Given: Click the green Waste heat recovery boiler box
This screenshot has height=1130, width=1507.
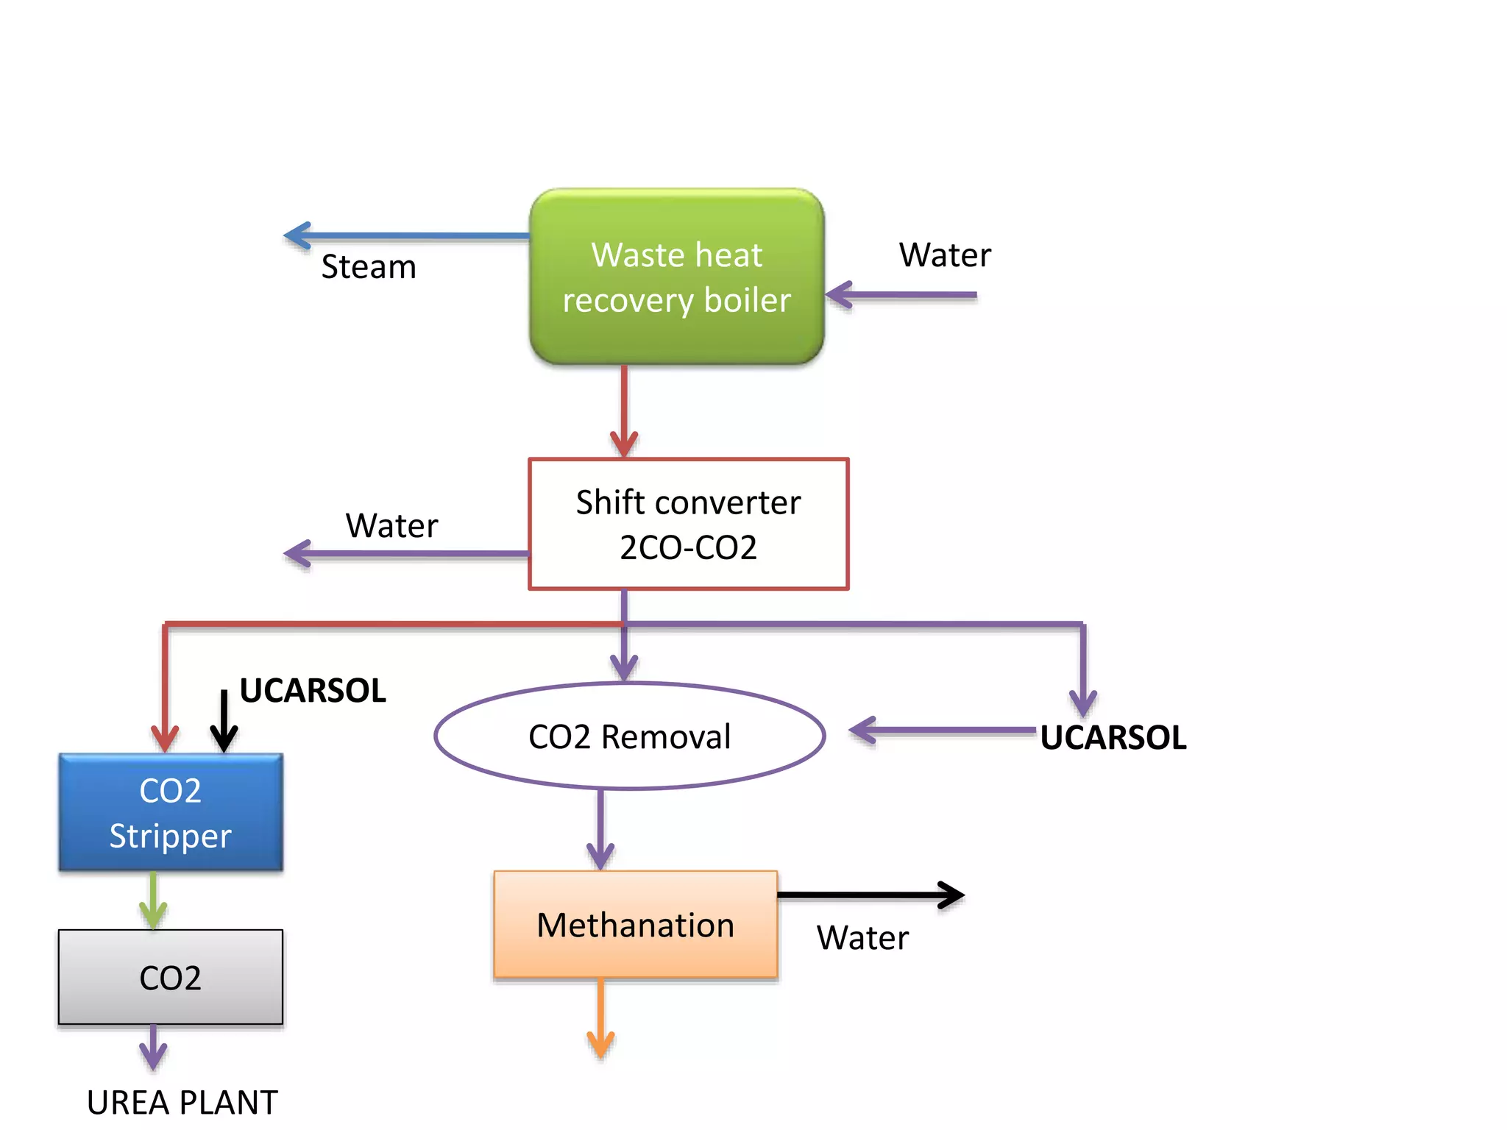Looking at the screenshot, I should pyautogui.click(x=676, y=277).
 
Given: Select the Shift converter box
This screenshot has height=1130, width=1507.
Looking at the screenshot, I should pyautogui.click(x=688, y=524).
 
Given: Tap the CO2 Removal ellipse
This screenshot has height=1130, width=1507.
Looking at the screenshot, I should pyautogui.click(x=629, y=736).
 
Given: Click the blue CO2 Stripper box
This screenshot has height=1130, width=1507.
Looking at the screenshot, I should pyautogui.click(x=170, y=812).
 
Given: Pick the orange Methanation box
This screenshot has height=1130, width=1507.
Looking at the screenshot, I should pyautogui.click(x=635, y=925).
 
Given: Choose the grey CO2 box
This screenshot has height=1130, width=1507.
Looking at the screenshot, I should pyautogui.click(x=170, y=977).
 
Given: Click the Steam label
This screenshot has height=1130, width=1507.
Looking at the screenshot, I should pyautogui.click(x=369, y=266).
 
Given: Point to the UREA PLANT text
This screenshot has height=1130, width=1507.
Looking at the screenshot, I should pyautogui.click(x=182, y=1102).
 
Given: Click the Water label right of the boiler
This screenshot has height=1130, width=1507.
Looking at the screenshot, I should pyautogui.click(x=945, y=255).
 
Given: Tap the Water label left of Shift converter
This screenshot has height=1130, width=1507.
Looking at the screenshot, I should pyautogui.click(x=391, y=525).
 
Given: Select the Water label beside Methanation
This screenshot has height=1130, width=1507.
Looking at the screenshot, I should pyautogui.click(x=862, y=937).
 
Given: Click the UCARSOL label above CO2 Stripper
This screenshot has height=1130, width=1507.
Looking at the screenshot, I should pyautogui.click(x=313, y=691).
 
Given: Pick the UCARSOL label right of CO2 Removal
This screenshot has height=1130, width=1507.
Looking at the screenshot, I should pyautogui.click(x=1113, y=737).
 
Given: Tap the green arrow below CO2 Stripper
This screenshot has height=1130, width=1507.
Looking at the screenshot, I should pyautogui.click(x=153, y=900).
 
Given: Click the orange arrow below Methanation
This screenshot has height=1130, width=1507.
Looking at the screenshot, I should pyautogui.click(x=600, y=1018).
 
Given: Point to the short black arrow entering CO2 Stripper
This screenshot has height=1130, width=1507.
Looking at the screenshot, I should pyautogui.click(x=224, y=721).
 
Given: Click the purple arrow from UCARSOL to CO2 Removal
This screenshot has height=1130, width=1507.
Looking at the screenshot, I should pyautogui.click(x=942, y=731).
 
